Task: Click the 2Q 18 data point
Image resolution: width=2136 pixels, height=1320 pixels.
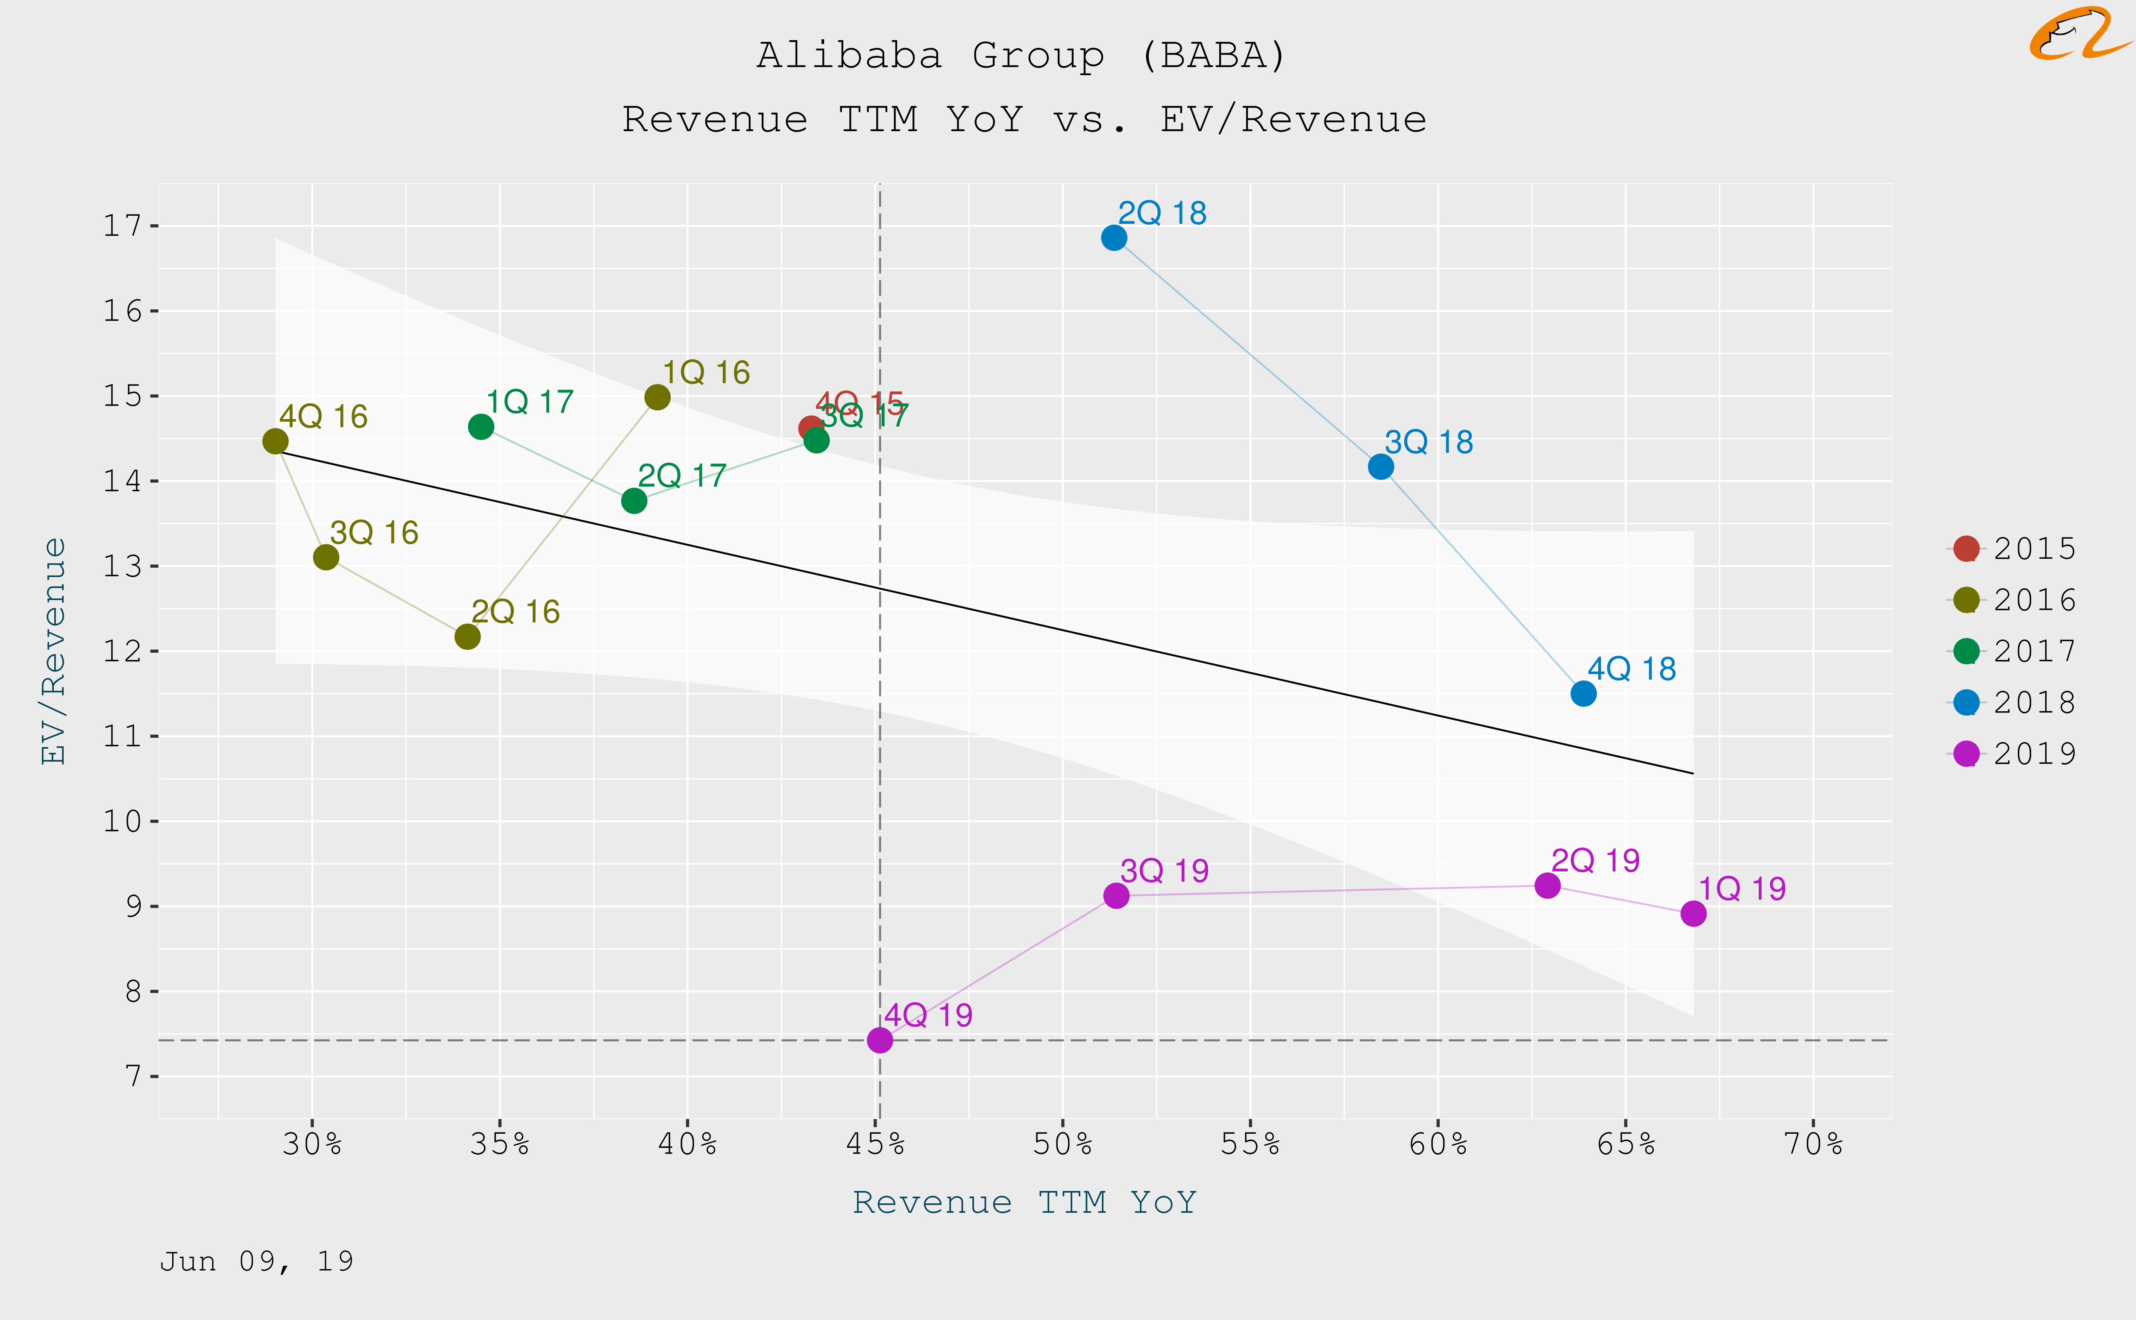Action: click(1114, 238)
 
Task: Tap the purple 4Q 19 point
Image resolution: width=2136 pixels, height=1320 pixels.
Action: click(880, 1040)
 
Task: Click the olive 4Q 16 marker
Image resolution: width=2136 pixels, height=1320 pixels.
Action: click(275, 442)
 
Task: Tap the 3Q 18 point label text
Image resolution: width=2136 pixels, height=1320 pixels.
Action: click(1429, 443)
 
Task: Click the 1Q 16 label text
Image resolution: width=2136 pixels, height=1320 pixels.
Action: click(706, 373)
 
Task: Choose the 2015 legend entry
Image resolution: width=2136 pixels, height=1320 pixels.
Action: click(2012, 548)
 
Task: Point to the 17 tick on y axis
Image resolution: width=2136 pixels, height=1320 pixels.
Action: click(122, 226)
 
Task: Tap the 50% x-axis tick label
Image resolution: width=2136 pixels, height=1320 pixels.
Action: click(1062, 1144)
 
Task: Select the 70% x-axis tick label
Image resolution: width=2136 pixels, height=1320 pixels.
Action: click(1813, 1144)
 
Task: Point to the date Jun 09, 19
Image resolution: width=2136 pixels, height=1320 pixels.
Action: click(257, 1261)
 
